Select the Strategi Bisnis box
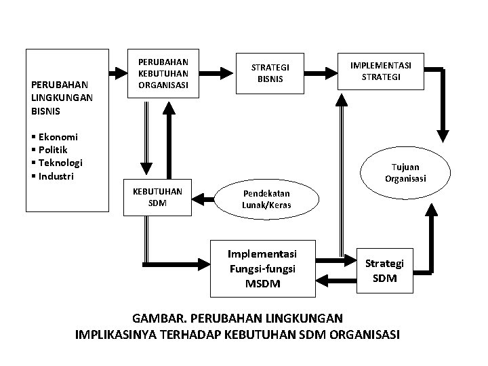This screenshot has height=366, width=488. [x=270, y=73]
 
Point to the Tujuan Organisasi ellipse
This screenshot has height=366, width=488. [x=405, y=172]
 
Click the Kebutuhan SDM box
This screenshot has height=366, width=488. [x=157, y=197]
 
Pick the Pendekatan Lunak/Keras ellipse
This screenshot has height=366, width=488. [x=266, y=201]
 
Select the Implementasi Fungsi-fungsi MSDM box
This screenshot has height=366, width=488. [x=262, y=268]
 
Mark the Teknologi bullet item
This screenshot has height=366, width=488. [x=58, y=163]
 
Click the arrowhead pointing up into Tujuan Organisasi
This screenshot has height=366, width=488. [x=429, y=208]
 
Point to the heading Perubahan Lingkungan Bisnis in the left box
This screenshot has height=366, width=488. [x=62, y=96]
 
